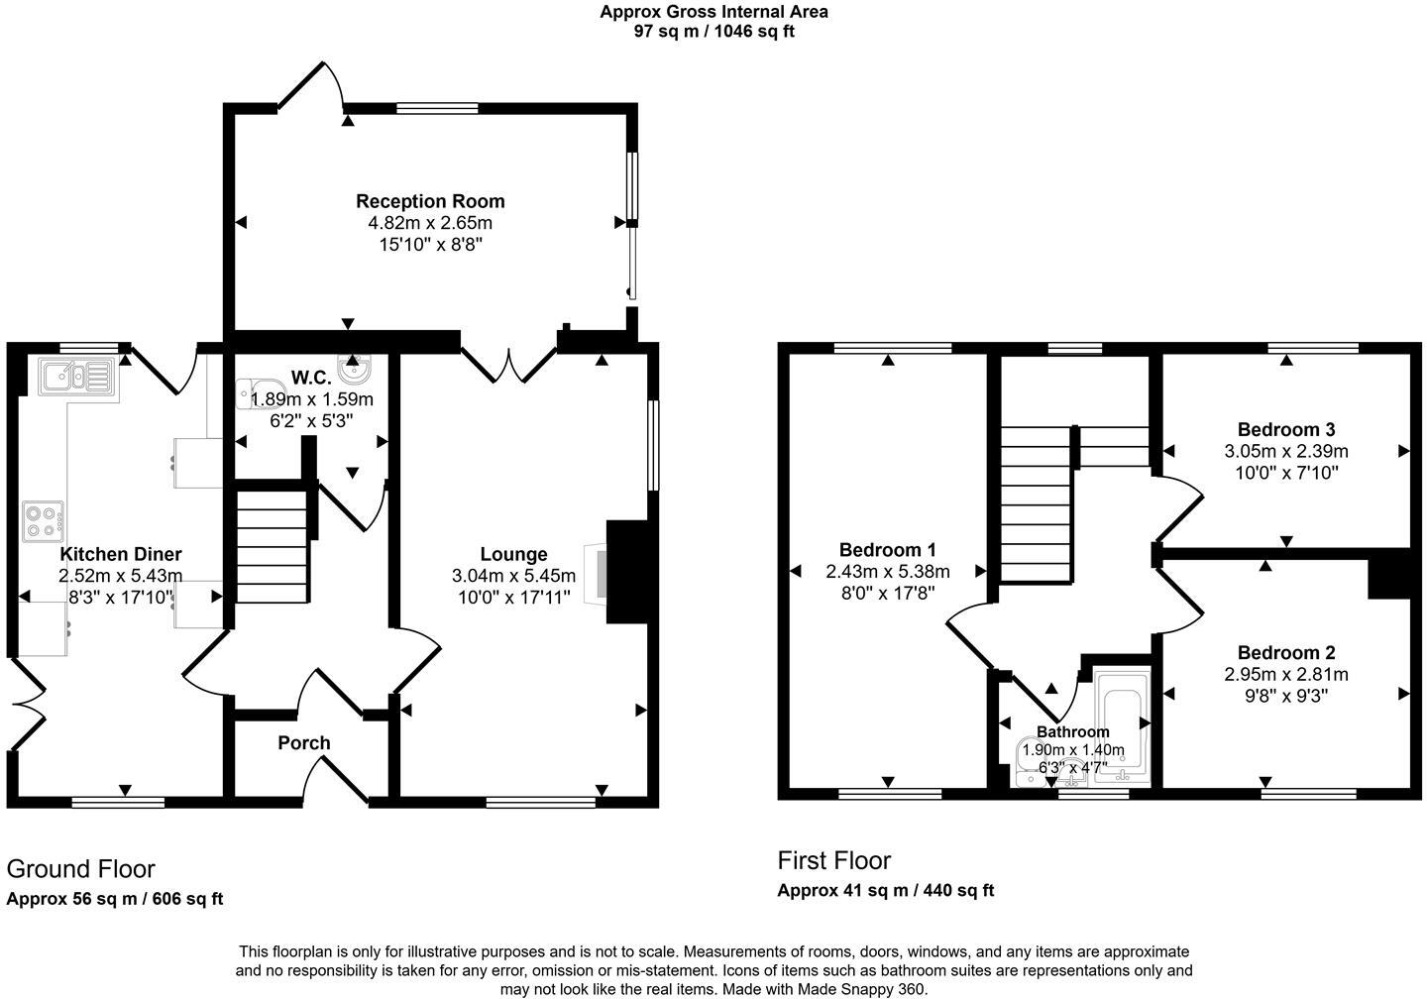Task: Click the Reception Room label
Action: [x=430, y=201]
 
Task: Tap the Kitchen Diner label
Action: [x=121, y=554]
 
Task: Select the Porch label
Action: [x=304, y=743]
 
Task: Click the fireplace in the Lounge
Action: [x=598, y=572]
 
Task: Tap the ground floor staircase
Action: [x=272, y=542]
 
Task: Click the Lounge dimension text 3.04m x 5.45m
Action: [x=513, y=576]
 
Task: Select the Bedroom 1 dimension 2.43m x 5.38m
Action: [x=887, y=572]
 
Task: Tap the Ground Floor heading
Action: [x=80, y=869]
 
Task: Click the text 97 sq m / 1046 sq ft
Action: [x=713, y=31]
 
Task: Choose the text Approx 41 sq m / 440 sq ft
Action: [x=885, y=890]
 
